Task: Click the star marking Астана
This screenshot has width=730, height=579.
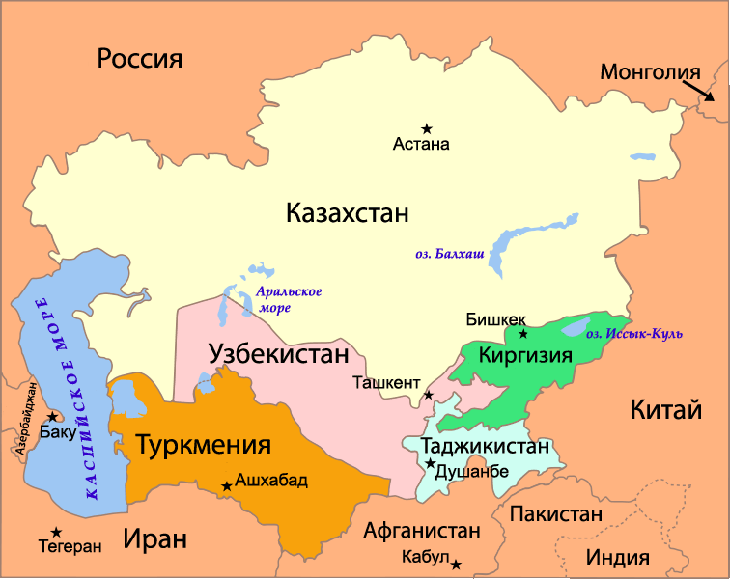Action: pos(426,127)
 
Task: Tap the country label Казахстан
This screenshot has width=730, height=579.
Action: pos(348,213)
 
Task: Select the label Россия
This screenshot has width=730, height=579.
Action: pos(140,59)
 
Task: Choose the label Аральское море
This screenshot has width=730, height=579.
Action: pos(288,299)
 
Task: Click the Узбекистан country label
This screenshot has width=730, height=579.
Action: pos(278,354)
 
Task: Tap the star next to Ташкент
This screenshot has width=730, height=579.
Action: pos(429,395)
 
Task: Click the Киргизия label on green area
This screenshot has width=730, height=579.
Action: pos(525,354)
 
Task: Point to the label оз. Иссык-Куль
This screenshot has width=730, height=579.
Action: pos(633,334)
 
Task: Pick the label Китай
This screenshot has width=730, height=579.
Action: pos(664,409)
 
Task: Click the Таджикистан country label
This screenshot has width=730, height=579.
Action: pos(485,447)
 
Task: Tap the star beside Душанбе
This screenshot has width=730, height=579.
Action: pos(430,464)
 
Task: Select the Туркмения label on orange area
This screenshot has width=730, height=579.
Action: pos(203,445)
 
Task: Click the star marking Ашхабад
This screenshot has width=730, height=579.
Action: pos(227,485)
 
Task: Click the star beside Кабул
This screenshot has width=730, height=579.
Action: pos(456,564)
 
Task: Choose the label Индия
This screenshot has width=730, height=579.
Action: pos(618,557)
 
